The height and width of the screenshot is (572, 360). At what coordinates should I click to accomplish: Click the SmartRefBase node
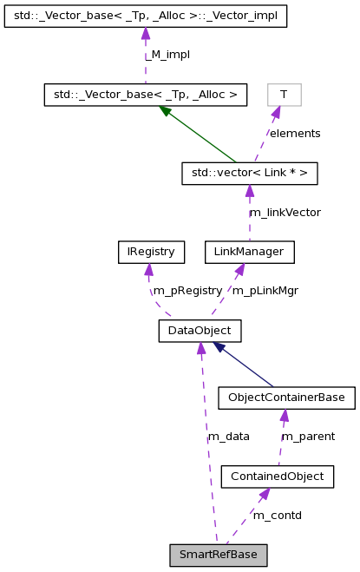pos(218,554)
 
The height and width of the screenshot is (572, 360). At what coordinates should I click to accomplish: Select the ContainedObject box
pos(278,476)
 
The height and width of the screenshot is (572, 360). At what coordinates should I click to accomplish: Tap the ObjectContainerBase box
pos(286,398)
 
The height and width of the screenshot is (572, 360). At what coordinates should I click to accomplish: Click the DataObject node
pos(199,331)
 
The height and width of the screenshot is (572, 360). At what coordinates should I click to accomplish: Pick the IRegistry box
pos(151,253)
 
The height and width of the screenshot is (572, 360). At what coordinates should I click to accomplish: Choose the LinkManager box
pos(249,253)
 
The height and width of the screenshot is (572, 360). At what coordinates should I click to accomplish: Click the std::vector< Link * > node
pos(249,174)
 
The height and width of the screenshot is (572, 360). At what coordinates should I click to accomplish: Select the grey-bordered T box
pos(284,95)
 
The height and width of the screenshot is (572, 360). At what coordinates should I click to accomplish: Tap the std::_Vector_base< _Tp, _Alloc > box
pos(146,95)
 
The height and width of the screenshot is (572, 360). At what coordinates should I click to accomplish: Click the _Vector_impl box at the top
pos(145,16)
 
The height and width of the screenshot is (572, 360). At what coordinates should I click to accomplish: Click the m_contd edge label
pos(278,515)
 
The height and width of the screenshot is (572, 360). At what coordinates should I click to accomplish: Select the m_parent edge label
pos(308,437)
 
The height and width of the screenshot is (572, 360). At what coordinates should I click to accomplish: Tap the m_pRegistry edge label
pos(187,291)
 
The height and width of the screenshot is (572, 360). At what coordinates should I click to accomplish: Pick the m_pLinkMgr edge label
pos(265,291)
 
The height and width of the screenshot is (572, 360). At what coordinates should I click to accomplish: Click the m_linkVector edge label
pos(285,213)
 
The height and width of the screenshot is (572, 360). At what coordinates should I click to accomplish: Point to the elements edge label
pos(294,134)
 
